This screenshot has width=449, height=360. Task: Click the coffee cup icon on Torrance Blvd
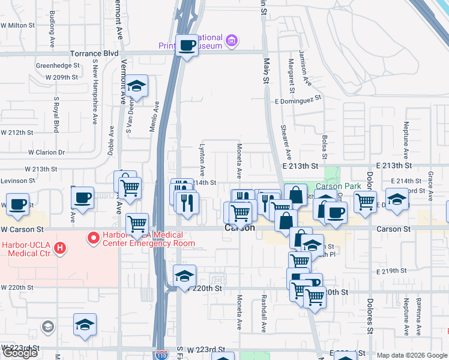pyautogui.click(x=187, y=45)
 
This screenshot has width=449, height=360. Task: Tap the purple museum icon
pyautogui.click(x=232, y=41)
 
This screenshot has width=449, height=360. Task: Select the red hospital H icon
pyautogui.click(x=59, y=247)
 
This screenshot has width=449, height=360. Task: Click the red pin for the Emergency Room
pyautogui.click(x=94, y=239)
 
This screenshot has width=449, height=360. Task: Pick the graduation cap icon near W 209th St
pyautogui.click(x=137, y=87)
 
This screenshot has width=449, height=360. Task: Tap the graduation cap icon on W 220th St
pyautogui.click(x=184, y=276)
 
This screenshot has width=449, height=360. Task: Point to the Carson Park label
pyautogui.click(x=340, y=186)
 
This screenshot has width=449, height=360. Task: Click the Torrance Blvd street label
pyautogui.click(x=94, y=53)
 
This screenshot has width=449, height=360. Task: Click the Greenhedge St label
pyautogui.click(x=58, y=65)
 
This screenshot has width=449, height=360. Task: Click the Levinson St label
pyautogui.click(x=17, y=181)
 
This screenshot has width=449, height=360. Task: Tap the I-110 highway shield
pyautogui.click(x=161, y=355)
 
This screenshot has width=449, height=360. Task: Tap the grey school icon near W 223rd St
pyautogui.click(x=47, y=326)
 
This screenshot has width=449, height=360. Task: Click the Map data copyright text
pyautogui.click(x=412, y=355)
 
